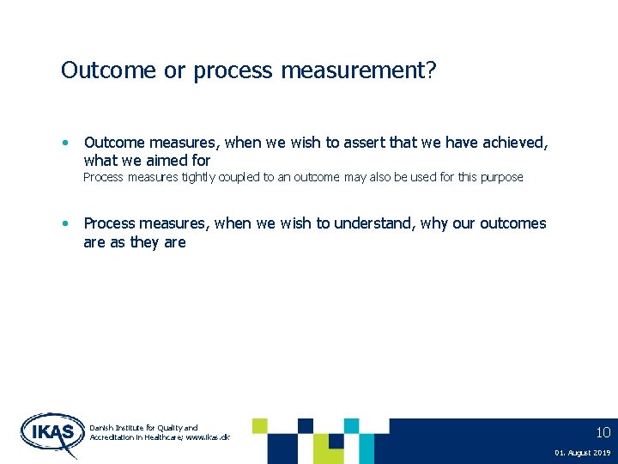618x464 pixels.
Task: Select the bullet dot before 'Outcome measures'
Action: point(65,143)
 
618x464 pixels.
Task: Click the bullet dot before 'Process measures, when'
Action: point(65,223)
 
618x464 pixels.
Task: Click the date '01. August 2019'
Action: point(582,453)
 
